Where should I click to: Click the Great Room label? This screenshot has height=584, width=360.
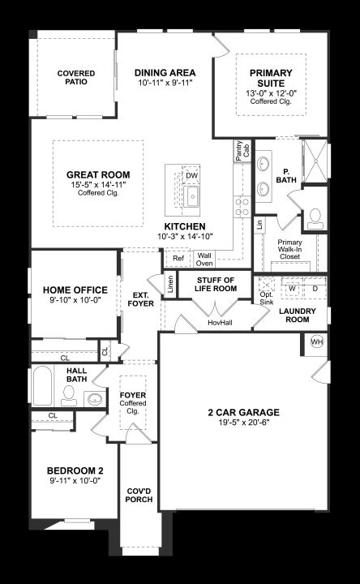click(98, 174)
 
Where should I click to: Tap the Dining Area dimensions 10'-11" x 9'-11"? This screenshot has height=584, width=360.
click(165, 83)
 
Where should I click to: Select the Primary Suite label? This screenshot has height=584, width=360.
click(271, 78)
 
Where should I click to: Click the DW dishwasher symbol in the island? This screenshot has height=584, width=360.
click(191, 174)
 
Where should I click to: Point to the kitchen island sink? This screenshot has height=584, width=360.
click(192, 196)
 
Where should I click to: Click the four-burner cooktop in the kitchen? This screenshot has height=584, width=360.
click(242, 207)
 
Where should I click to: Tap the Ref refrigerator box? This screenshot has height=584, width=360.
click(178, 258)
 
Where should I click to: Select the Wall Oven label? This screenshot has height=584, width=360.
click(204, 260)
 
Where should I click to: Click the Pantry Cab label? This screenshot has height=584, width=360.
click(242, 151)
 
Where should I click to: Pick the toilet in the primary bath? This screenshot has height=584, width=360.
click(315, 219)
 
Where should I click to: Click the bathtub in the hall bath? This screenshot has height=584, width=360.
click(42, 385)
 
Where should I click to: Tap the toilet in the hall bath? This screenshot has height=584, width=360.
click(69, 396)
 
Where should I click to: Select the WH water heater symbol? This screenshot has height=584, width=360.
click(317, 341)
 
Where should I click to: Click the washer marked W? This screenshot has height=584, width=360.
click(293, 288)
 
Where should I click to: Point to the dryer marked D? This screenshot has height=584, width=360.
click(315, 288)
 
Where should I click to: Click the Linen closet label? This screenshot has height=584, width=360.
click(170, 284)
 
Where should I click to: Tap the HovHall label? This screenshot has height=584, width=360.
click(220, 323)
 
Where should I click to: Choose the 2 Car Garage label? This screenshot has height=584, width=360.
click(244, 412)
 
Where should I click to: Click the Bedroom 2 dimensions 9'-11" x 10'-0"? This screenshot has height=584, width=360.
click(75, 480)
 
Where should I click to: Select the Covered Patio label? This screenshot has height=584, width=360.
click(76, 78)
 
